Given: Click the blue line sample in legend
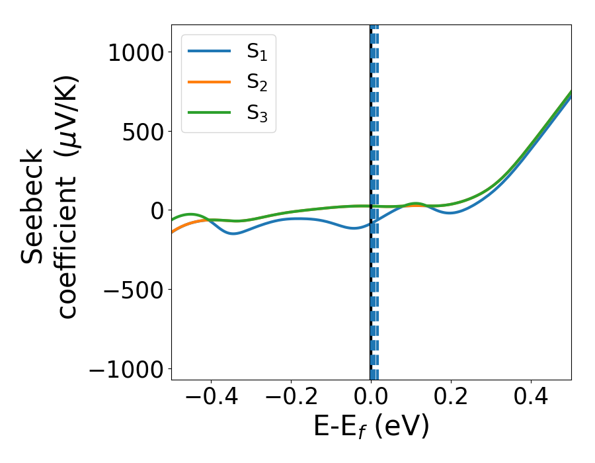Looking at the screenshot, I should pos(209,51).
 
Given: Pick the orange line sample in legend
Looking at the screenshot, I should pos(209,82).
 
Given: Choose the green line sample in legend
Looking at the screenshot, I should pos(209,113).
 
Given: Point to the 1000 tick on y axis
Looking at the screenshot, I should pos(136,52).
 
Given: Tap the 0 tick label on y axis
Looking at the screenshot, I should pos(156,210).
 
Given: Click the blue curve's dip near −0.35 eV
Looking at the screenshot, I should pos(233,233).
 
